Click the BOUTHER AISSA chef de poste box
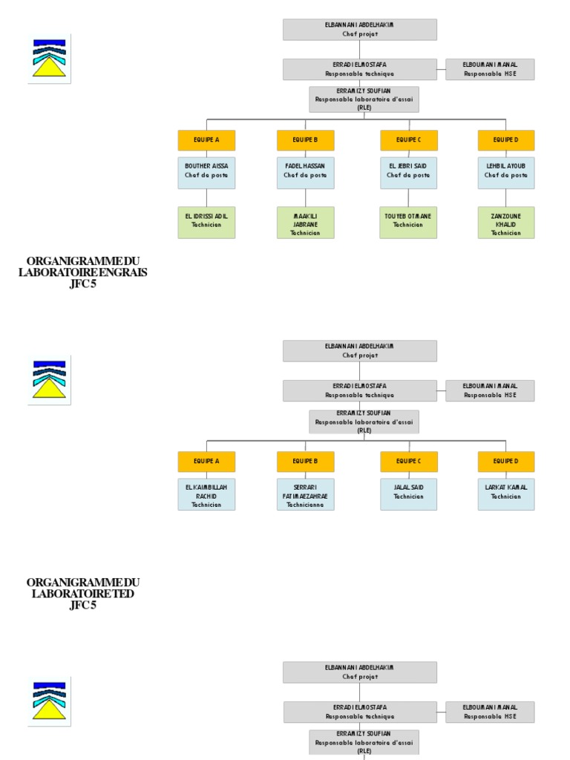[x=206, y=172]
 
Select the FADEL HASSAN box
[x=305, y=172]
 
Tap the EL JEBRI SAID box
[x=408, y=172]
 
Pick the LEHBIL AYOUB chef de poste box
[x=506, y=172]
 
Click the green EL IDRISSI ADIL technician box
[x=206, y=222]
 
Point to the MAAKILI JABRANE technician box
[x=305, y=222]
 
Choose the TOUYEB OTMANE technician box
[x=408, y=222]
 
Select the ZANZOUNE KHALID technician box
[x=506, y=222]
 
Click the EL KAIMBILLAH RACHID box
[x=206, y=494]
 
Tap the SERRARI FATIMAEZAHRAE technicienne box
[x=305, y=494]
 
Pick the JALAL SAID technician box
[x=408, y=494]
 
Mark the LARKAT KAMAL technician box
[x=506, y=494]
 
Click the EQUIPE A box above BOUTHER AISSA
[x=206, y=140]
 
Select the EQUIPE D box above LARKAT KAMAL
[x=506, y=462]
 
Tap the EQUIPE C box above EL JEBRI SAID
[x=408, y=140]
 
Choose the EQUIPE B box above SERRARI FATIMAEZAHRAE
[x=305, y=462]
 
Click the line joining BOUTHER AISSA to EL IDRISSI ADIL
[x=206, y=197]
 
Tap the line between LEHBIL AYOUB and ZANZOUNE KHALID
[x=506, y=197]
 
